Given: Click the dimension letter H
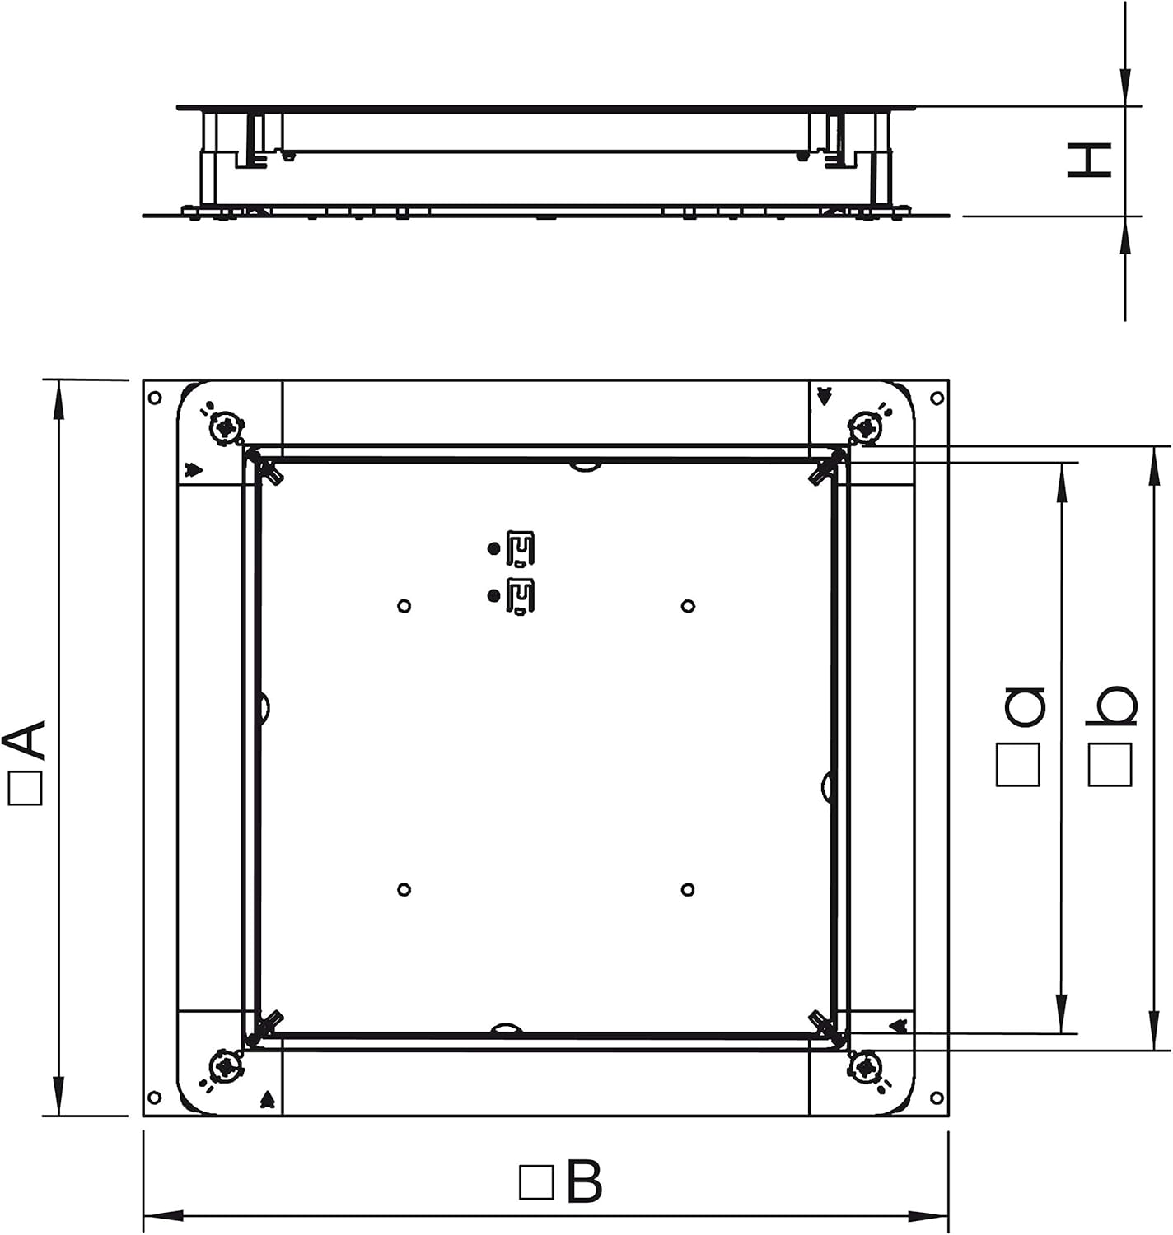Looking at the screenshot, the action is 1090,161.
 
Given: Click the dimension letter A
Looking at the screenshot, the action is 26,741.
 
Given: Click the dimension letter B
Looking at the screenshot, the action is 584,1181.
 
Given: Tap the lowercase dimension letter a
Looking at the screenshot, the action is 1026,706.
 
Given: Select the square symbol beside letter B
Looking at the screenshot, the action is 536,1182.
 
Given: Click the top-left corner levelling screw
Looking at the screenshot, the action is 225,428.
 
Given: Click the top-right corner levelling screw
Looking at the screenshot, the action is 867,428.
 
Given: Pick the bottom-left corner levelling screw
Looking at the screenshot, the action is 224,1066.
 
